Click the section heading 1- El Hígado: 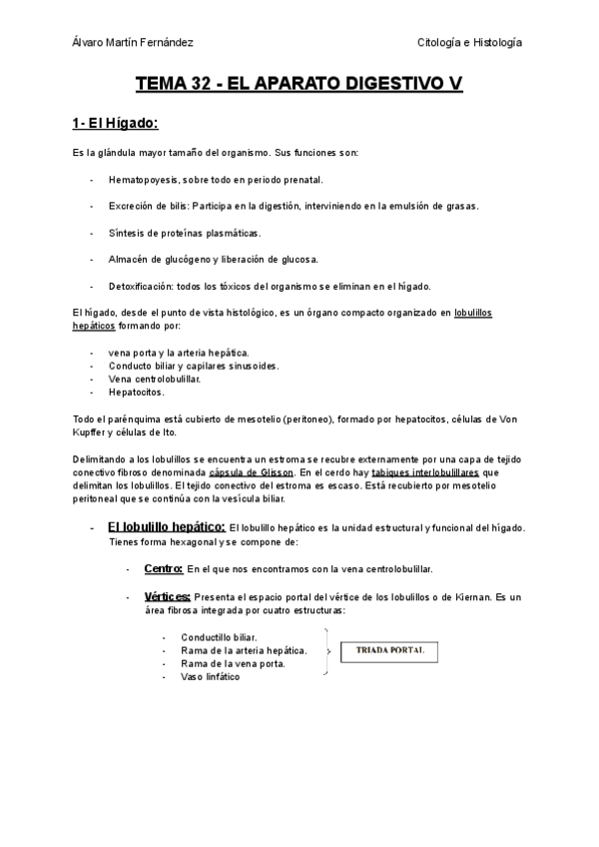coord(116,125)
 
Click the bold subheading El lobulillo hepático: coord(166,526)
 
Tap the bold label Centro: coord(163,568)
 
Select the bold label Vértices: coord(167,596)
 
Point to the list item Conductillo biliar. coord(219,637)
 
